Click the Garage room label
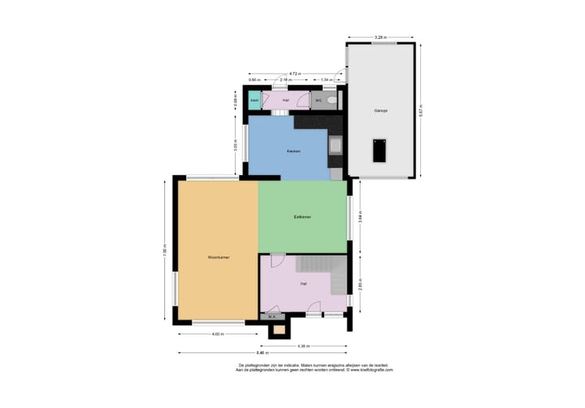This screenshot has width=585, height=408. coord(381,110)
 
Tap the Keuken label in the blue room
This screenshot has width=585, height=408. coord(293,151)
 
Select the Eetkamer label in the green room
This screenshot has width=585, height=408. coord(303,217)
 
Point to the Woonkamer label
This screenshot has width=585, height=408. coord(218,256)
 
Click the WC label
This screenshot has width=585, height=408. coord(318,101)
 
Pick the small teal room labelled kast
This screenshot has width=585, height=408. coord(254,101)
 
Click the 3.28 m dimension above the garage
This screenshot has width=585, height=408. coord(379,37)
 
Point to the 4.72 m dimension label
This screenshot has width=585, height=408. coord(293,73)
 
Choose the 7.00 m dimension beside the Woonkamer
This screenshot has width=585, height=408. coord(165,250)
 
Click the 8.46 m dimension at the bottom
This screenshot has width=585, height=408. coord(261,353)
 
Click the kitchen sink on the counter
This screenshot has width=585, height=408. coord(335,146)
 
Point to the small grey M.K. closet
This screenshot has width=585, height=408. coord(271,316)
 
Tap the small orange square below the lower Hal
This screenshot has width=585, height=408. coord(279,329)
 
